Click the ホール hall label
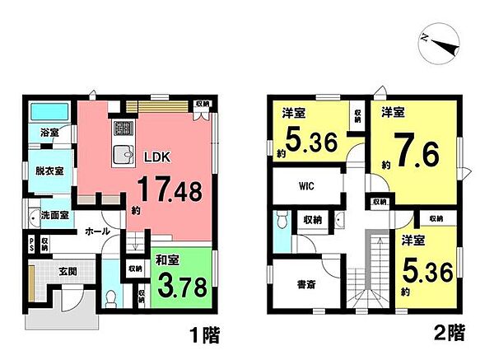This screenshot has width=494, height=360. (x=97, y=232)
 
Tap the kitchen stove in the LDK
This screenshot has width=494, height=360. (x=123, y=129)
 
